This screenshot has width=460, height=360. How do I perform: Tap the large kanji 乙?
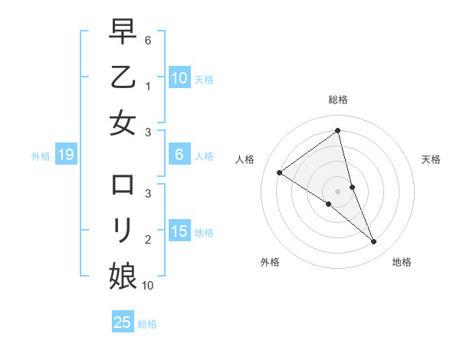click(x=123, y=77)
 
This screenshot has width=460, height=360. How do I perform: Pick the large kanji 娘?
click(x=123, y=274)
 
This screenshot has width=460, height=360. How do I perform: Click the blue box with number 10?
click(x=179, y=77)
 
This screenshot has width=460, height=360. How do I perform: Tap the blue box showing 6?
click(x=179, y=155)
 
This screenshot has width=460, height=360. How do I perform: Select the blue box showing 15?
click(x=179, y=231)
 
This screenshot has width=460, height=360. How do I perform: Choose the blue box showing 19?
click(x=65, y=155)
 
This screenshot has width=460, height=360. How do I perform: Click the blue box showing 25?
click(x=123, y=322)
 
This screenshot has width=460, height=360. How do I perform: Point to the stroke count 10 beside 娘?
click(x=148, y=286)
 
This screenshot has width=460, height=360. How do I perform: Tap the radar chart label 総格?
click(x=338, y=100)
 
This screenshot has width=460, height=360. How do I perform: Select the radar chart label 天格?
click(x=432, y=159)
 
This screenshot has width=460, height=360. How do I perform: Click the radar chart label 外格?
click(x=270, y=263)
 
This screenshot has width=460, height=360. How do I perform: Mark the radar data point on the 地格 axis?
click(x=374, y=242)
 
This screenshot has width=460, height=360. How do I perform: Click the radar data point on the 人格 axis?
click(x=280, y=172)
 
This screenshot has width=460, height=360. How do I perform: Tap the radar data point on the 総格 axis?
click(x=338, y=131)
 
